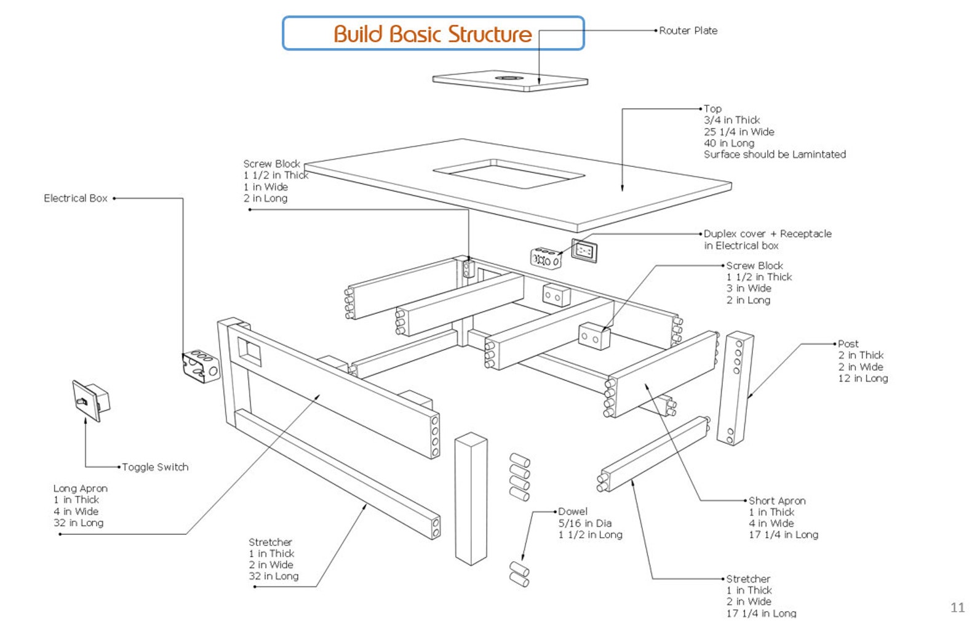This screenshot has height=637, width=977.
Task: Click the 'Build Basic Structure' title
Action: (433, 34)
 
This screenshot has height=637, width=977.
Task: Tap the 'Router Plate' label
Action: (688, 30)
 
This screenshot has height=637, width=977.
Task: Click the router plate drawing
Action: (509, 81)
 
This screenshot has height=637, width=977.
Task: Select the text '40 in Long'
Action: (729, 143)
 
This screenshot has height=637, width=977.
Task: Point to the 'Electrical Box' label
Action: (75, 198)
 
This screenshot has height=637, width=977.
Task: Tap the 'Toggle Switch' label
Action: (155, 467)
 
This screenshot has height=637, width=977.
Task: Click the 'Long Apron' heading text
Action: (80, 488)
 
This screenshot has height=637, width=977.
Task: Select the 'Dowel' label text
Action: (572, 511)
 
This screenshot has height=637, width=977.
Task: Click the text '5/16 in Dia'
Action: (584, 523)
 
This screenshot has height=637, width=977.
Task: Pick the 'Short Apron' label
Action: (776, 501)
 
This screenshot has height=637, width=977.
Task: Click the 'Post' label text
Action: (848, 344)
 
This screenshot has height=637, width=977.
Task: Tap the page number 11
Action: (957, 607)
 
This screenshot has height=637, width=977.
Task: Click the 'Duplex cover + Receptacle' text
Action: (767, 234)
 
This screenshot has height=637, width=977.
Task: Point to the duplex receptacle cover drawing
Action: (584, 251)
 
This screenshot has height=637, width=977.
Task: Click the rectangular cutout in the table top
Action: (508, 174)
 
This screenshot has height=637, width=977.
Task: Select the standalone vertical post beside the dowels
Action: (471, 499)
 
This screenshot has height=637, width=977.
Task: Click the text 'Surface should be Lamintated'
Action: (775, 154)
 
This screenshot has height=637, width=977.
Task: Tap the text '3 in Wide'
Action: (748, 288)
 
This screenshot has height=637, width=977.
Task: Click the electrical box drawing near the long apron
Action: (201, 366)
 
